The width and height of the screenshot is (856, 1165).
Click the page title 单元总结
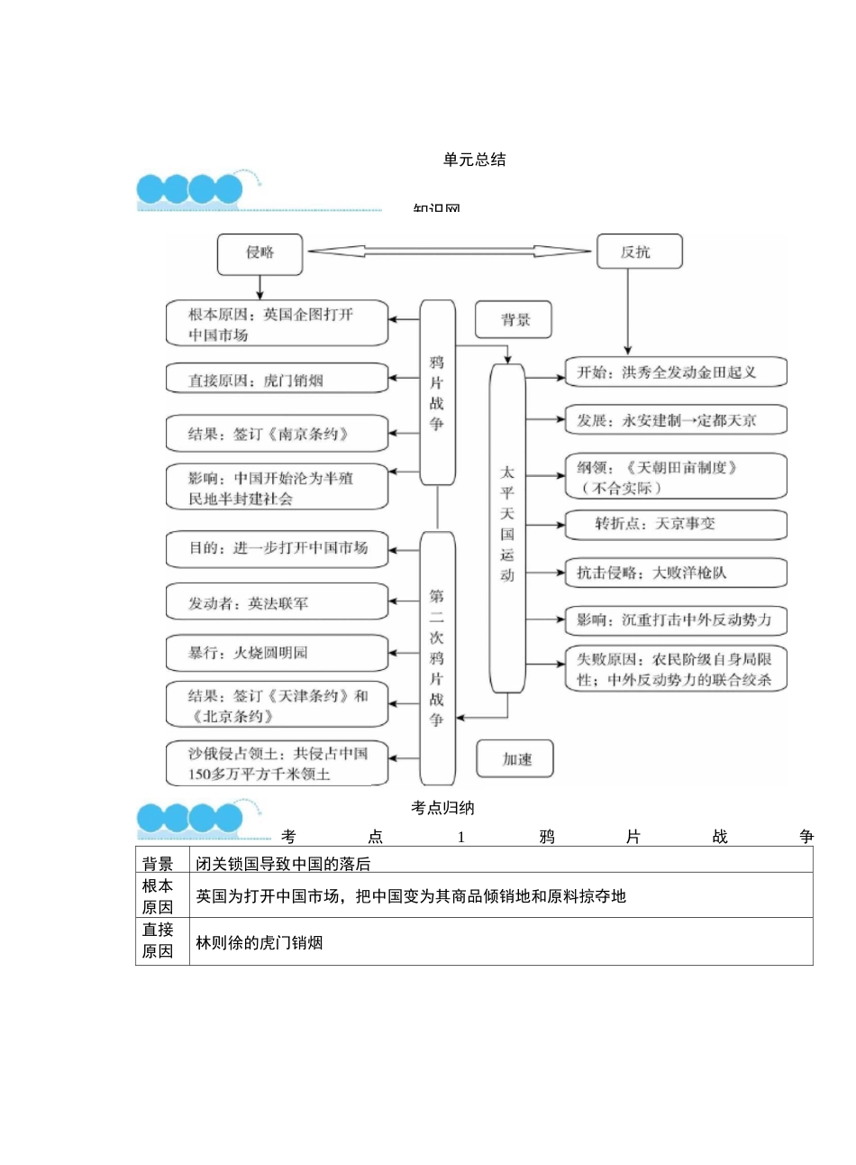474,160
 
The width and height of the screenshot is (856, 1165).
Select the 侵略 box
260,253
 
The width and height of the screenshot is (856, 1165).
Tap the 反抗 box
638,252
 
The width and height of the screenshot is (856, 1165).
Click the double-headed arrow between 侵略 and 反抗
448,252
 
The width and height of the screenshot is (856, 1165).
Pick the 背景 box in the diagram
514,320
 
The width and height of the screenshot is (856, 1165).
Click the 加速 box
515,759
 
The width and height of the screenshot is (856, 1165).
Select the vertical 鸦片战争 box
437,392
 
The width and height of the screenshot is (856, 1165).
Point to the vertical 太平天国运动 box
507,527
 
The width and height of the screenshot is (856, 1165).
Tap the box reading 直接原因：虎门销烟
276,380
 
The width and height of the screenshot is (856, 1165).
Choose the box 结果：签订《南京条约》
276,434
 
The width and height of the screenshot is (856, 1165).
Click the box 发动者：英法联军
276,602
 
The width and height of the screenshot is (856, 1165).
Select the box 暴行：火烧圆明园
276,653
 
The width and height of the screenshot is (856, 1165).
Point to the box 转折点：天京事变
675,524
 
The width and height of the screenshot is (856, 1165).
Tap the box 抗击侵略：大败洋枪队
675,573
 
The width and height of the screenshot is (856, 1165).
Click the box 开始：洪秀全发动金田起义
675,372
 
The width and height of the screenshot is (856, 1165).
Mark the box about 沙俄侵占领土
276,764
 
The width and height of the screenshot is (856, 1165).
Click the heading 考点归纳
442,808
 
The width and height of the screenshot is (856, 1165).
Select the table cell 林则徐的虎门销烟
260,942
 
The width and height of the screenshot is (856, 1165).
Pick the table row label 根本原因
158,896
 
